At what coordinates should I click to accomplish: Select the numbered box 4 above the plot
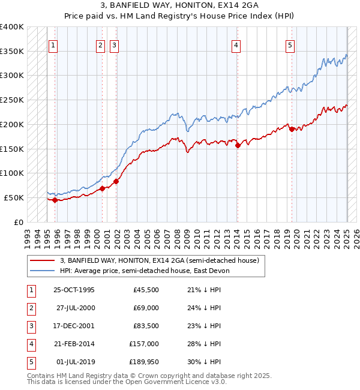[x=236, y=44]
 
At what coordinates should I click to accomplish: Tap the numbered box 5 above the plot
[x=290, y=44]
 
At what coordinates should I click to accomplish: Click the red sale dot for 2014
[x=238, y=145]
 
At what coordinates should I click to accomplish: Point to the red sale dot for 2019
[x=291, y=129]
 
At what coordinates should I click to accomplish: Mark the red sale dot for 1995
[x=55, y=200]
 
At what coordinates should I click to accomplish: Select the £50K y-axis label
[x=14, y=197]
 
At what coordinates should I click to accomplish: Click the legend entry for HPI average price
[x=144, y=271]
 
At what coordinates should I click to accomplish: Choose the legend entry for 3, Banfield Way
[x=159, y=260]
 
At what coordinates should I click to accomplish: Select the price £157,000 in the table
[x=144, y=344]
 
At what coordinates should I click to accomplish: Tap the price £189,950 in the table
[x=143, y=362]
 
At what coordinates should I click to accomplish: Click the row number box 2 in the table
[x=30, y=308]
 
